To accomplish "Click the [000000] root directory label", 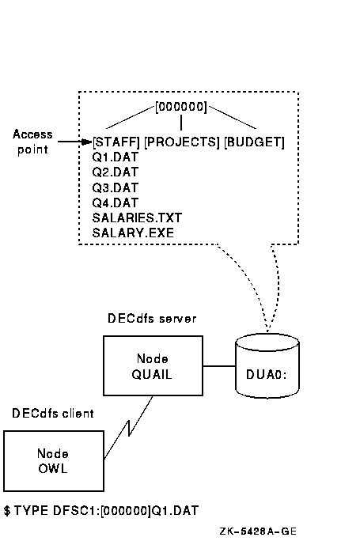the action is pos(181,107).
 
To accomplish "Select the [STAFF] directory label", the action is pos(116,142).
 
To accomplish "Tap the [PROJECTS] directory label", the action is pos(181,142).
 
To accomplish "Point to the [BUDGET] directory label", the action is pos(255,142).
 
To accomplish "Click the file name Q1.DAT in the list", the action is pos(115,157).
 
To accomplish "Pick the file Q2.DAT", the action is pos(115,172).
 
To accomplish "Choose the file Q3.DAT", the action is pos(115,187).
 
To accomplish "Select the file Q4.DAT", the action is pos(115,202).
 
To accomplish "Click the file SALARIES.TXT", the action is pos(137,218).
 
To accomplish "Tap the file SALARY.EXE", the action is pos(133,233).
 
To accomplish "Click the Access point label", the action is pos(32,142).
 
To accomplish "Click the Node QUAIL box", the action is pos(153,365).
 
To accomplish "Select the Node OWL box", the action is pos(54,461).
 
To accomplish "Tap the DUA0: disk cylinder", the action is pos(267,365).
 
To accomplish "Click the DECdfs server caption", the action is pos(152,319).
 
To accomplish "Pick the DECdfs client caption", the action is pos(53,414).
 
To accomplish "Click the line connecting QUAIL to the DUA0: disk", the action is pos(219,365).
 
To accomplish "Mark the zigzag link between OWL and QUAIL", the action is pos(128,428).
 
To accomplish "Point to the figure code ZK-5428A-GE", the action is pos(258,532).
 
